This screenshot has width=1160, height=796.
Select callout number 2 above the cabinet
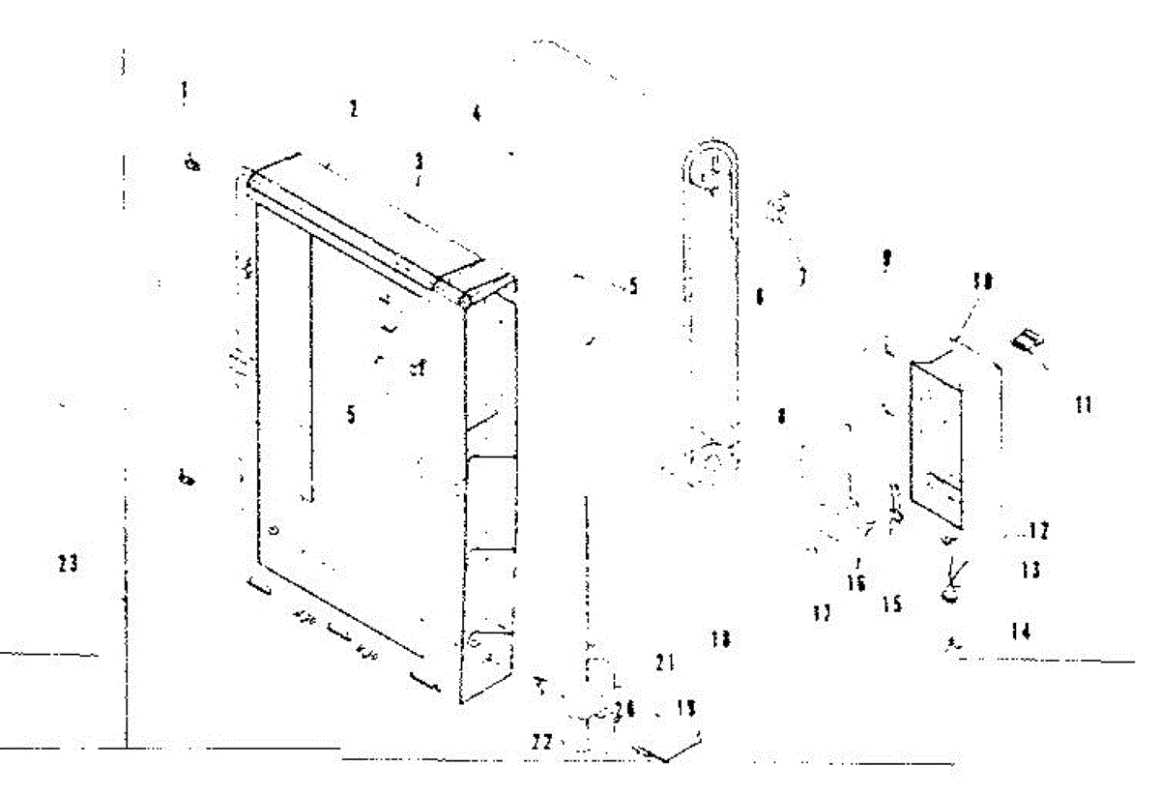click(354, 109)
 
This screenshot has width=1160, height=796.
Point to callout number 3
click(419, 161)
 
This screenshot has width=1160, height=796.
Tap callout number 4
click(476, 114)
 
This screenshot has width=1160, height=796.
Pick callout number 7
click(802, 278)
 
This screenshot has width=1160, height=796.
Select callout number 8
click(781, 416)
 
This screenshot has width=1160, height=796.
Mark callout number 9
click(885, 259)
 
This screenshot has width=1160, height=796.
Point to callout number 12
click(1038, 530)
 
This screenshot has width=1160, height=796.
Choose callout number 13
click(1030, 571)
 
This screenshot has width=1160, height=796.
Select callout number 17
click(822, 613)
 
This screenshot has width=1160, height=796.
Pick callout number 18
click(720, 638)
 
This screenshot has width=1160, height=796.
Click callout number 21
click(664, 663)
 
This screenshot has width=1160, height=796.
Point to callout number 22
click(543, 742)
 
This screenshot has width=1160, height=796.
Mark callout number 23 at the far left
click(68, 563)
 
